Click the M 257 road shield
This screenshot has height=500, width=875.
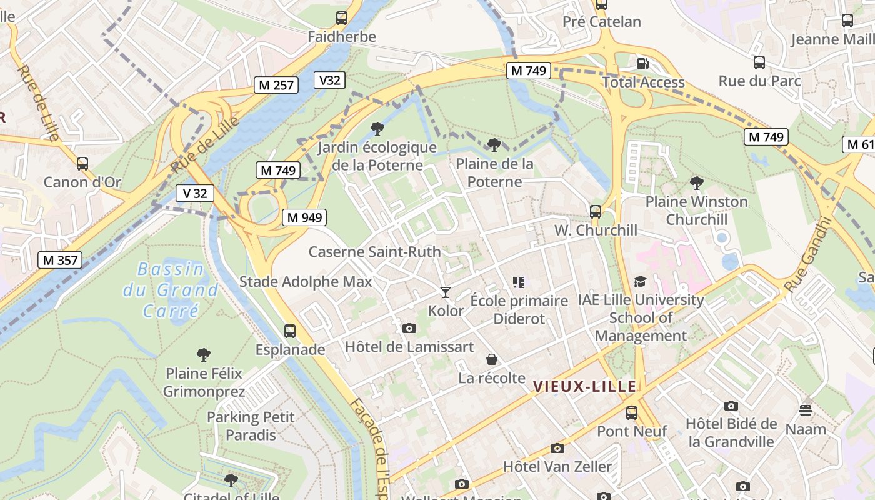pyautogui.click(x=276, y=85)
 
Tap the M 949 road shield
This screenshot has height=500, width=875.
pyautogui.click(x=304, y=217)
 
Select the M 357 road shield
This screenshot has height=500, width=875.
pyautogui.click(x=60, y=260)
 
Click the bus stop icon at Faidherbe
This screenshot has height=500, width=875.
pyautogui.click(x=342, y=18)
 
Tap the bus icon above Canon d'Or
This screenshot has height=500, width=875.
pyautogui.click(x=82, y=164)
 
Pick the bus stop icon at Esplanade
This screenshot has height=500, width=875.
pyautogui.click(x=290, y=331)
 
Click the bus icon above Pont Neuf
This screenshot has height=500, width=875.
pyautogui.click(x=632, y=413)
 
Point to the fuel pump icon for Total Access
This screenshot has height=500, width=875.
pyautogui.click(x=642, y=64)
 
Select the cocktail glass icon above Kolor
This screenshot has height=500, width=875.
pyautogui.click(x=446, y=292)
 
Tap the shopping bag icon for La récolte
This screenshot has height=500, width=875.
pyautogui.click(x=492, y=359)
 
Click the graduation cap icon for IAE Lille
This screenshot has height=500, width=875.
pyautogui.click(x=640, y=282)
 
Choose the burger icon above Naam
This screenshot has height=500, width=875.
pyautogui.click(x=806, y=411)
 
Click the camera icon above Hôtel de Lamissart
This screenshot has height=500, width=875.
pyautogui.click(x=409, y=328)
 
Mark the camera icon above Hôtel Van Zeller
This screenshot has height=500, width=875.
pyautogui.click(x=557, y=448)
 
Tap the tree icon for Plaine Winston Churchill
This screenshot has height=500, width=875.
pyautogui.click(x=696, y=183)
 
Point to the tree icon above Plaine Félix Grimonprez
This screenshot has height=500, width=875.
pyautogui.click(x=203, y=355)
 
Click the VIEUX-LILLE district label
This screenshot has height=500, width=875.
pyautogui.click(x=584, y=387)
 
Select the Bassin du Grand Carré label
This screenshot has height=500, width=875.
pyautogui.click(x=171, y=290)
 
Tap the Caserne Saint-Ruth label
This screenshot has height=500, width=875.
pyautogui.click(x=374, y=252)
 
